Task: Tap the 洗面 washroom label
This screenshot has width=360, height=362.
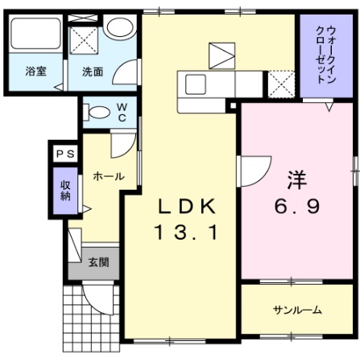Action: coord(92,71)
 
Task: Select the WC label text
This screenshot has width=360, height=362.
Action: coord(121,110)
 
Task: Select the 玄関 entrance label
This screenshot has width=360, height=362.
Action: coord(99,261)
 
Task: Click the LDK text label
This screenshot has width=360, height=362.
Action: coord(186,207)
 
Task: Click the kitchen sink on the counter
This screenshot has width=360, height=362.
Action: coord(196,83)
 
